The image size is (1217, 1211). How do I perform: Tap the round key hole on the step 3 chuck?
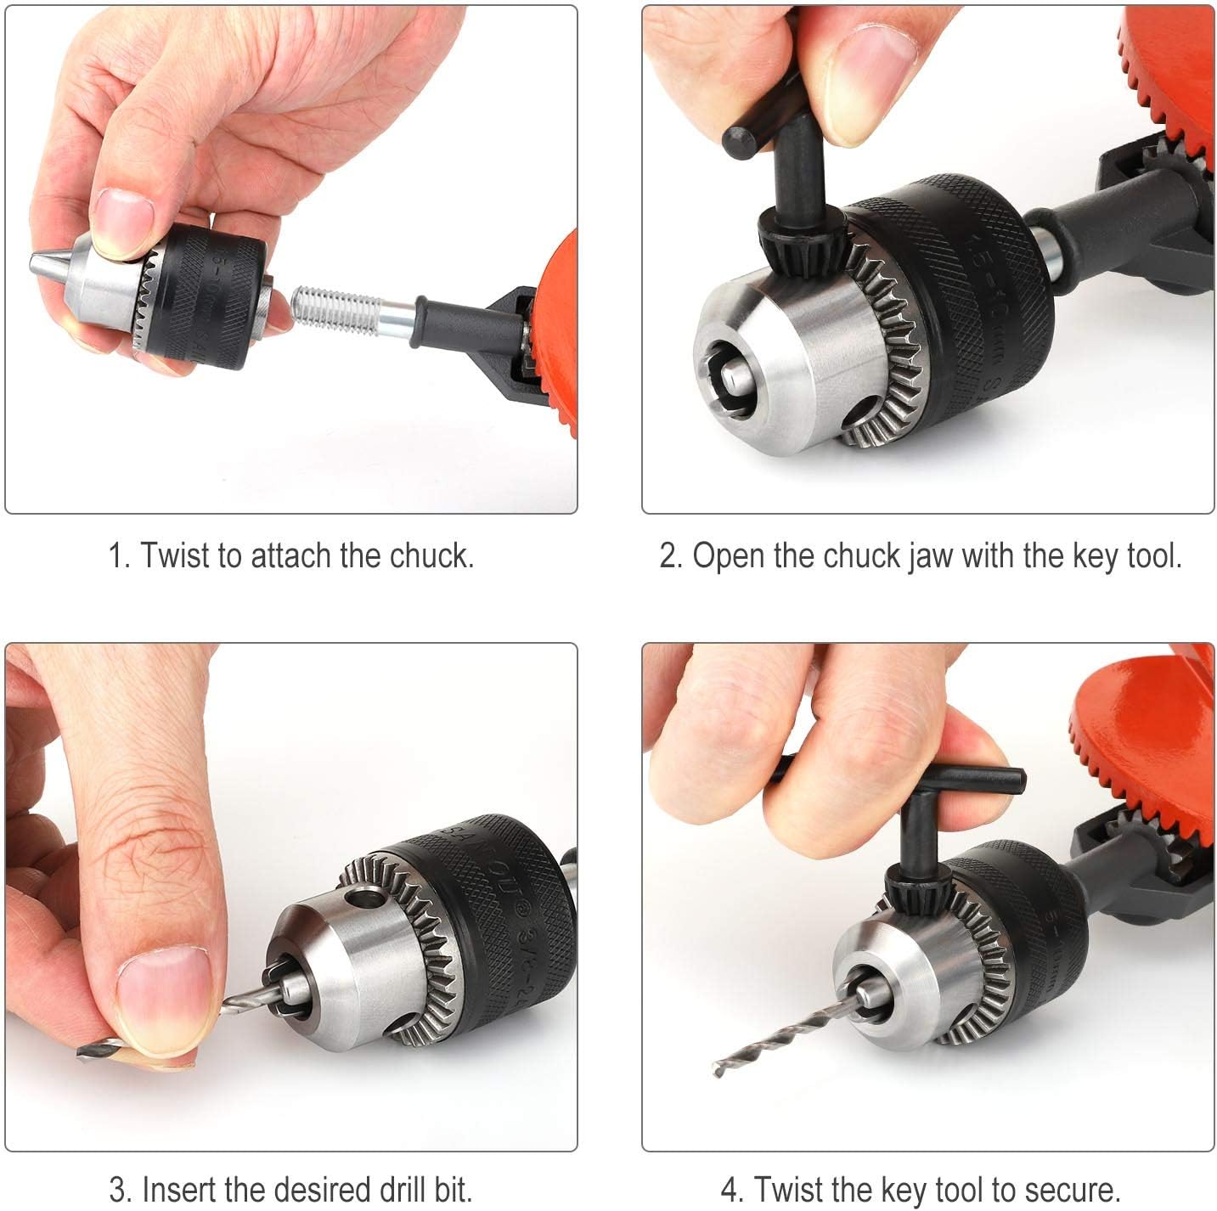(364, 897)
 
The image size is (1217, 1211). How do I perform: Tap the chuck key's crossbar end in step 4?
(1018, 782)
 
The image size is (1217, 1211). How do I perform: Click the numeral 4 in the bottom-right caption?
(730, 1189)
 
